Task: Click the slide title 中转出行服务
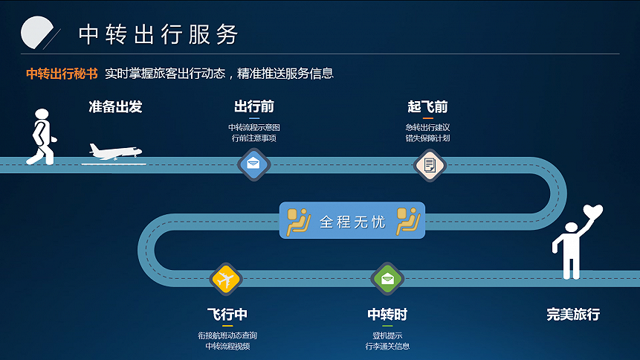158,34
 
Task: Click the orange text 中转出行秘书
62,74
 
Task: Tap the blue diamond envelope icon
254,164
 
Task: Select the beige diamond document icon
430,165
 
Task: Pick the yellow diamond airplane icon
226,280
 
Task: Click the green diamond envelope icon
387,279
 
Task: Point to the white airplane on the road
115,152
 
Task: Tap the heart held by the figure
592,211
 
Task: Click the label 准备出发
115,106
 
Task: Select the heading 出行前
254,106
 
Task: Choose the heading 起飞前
427,106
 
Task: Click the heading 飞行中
227,314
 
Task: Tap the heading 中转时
387,314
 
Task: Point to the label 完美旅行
573,314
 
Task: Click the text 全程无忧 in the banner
352,222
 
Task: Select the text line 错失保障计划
427,138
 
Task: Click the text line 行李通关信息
387,347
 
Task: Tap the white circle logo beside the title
36,32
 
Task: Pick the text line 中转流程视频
227,347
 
